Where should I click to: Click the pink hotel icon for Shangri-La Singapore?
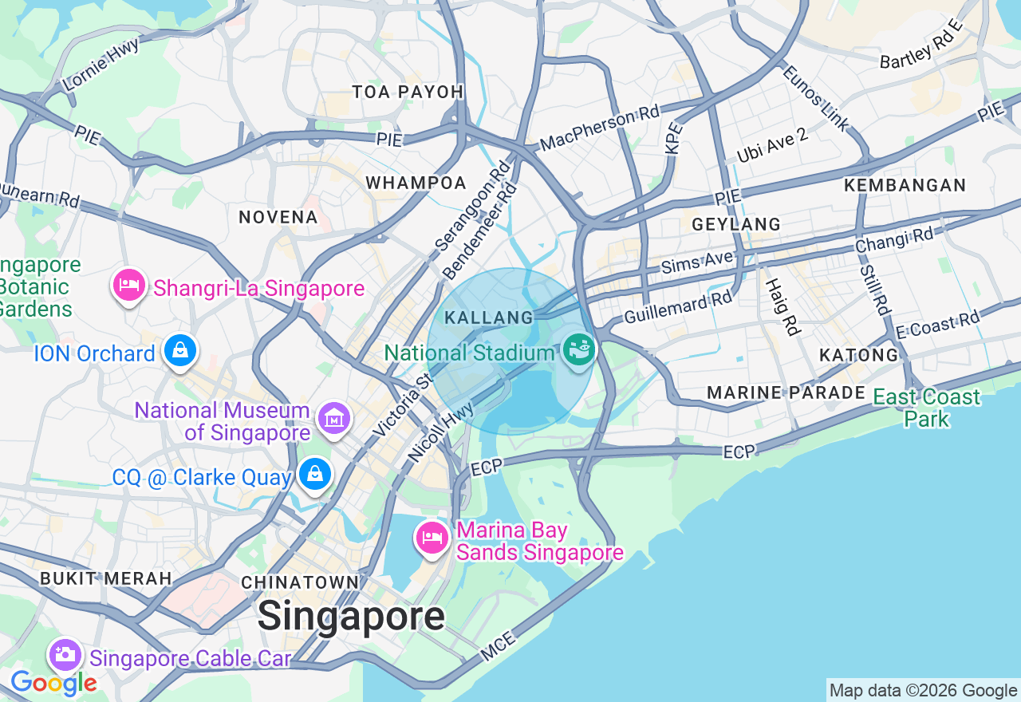(129, 285)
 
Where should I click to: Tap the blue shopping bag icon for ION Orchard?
(181, 350)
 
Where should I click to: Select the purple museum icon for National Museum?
(333, 416)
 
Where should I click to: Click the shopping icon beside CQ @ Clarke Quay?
(316, 474)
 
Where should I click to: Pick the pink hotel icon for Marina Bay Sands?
(432, 538)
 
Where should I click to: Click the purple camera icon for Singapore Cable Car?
(65, 655)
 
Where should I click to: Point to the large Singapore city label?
(351, 616)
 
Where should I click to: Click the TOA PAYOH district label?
(408, 92)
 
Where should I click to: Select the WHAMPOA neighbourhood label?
(416, 183)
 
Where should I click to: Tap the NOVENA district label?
(278, 217)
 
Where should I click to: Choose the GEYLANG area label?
(735, 224)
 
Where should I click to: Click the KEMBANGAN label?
(905, 185)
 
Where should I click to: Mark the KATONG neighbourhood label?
(858, 355)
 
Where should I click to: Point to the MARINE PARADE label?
(786, 392)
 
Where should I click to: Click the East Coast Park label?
(926, 408)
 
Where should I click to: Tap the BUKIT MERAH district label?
(105, 578)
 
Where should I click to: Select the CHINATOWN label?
(300, 582)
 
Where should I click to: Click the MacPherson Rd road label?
(600, 128)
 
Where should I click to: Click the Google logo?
(53, 683)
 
